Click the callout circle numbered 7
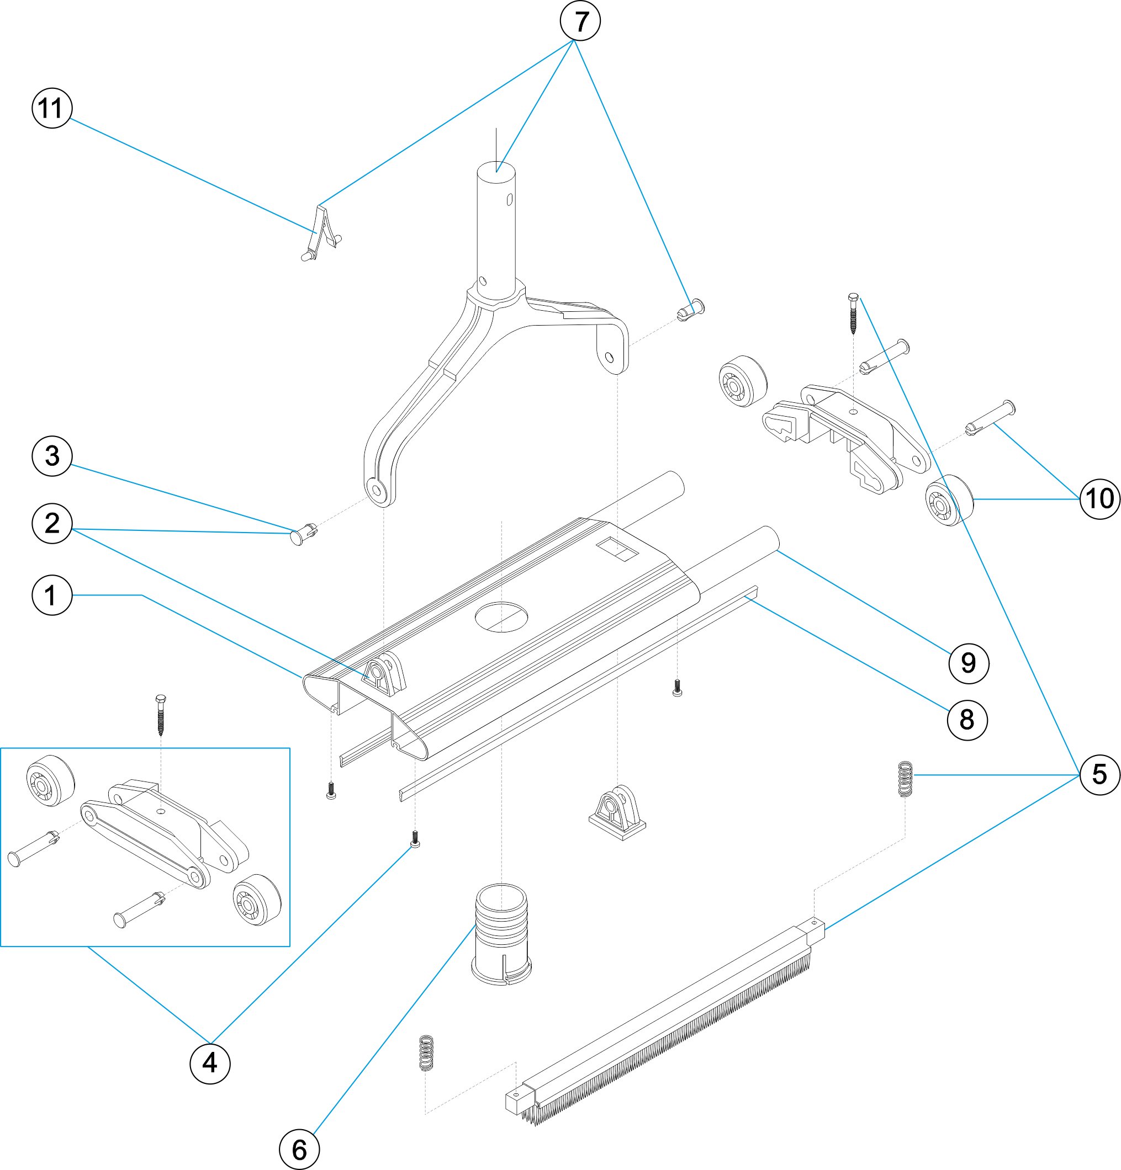pyautogui.click(x=580, y=21)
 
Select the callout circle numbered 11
pyautogui.click(x=52, y=108)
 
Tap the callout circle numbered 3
pyautogui.click(x=52, y=456)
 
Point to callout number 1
pyautogui.click(x=52, y=595)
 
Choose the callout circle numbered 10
pyautogui.click(x=1099, y=498)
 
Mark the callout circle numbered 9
pyautogui.click(x=968, y=663)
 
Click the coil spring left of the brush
pyautogui.click(x=425, y=1052)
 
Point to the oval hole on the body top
pyautogui.click(x=501, y=617)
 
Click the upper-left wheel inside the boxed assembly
pyautogui.click(x=50, y=782)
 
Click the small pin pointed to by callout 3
pyautogui.click(x=303, y=533)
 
